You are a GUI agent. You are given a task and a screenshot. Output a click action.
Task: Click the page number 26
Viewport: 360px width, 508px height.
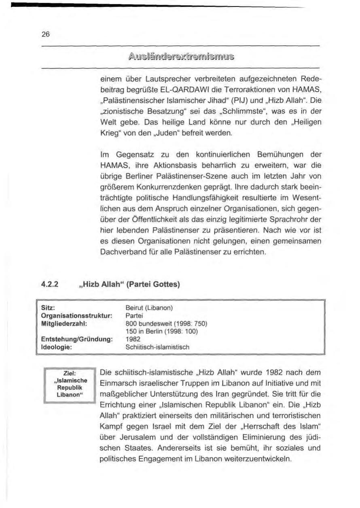(45, 34)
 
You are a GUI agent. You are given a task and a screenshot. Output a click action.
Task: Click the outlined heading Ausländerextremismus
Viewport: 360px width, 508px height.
(180, 56)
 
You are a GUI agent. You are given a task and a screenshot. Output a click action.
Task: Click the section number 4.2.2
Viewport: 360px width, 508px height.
(49, 285)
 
